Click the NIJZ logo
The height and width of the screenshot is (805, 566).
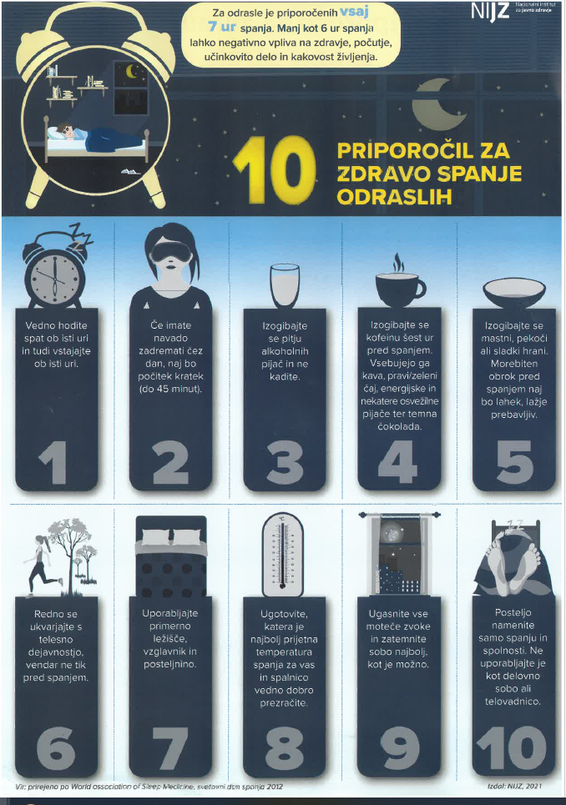coord(490,13)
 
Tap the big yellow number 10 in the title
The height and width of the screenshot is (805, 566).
coord(275,170)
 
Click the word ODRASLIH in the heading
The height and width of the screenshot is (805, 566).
coord(395,197)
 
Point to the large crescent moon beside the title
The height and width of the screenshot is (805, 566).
coord(437,105)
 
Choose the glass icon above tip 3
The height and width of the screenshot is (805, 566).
coord(285,286)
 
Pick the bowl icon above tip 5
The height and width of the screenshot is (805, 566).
coord(513,293)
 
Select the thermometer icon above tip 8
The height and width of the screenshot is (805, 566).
coord(282,556)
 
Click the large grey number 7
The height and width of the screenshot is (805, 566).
coord(170,748)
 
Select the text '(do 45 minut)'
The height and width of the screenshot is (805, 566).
coord(170,389)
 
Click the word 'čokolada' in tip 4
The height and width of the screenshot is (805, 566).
coord(399,426)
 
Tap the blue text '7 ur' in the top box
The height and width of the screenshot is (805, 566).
coord(222,27)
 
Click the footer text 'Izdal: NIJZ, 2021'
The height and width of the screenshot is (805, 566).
coord(514,786)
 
